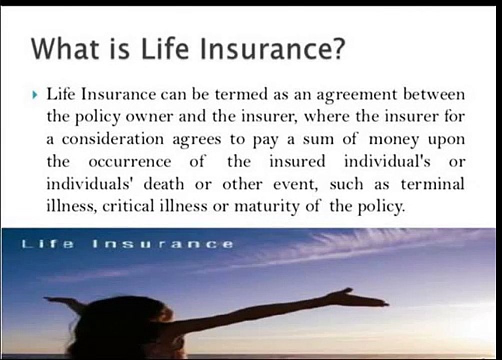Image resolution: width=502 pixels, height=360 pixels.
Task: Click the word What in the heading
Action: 65,48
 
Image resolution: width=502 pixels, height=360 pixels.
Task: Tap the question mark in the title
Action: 338,48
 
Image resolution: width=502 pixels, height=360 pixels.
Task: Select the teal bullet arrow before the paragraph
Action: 35,95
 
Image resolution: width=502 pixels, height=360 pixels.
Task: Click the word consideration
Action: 113,139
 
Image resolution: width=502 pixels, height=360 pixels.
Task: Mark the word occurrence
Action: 130,162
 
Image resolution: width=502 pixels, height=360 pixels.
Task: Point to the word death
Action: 164,184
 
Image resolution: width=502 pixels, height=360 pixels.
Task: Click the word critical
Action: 128,206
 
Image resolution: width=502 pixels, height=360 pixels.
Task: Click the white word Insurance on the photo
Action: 163,244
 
